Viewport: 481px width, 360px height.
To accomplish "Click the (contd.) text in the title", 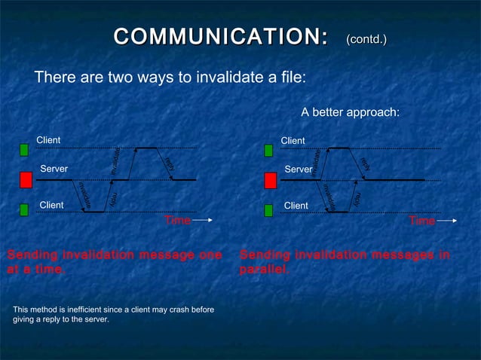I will tap(366, 38).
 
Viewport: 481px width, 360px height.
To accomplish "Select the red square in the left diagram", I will tap(26, 180).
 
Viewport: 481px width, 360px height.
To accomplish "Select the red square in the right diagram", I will tap(271, 181).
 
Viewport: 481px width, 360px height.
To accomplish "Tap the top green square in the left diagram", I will tap(24, 150).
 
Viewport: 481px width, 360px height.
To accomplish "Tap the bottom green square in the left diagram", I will tap(24, 209).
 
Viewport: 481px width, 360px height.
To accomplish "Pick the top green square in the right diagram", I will tap(268, 151).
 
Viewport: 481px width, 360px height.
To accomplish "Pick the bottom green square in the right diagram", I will tap(268, 210).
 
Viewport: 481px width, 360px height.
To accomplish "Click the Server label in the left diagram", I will tap(54, 169).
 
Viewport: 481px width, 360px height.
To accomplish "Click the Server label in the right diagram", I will tap(298, 169).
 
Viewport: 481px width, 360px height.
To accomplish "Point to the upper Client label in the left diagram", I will tap(48, 140).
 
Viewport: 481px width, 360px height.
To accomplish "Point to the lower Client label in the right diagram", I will tap(296, 206).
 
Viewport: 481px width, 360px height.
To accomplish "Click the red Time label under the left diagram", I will tap(177, 221).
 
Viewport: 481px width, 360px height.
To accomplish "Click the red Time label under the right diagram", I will tap(421, 221).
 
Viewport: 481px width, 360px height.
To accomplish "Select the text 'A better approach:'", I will tap(350, 112).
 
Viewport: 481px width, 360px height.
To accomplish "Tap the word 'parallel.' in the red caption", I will tap(264, 270).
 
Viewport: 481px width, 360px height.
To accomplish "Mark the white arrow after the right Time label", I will tap(447, 221).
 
